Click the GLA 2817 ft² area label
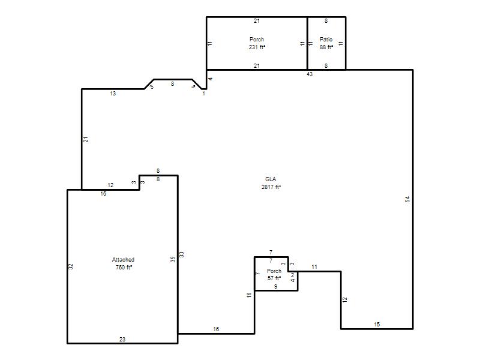271,183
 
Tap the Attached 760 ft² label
124,263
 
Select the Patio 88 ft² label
326,43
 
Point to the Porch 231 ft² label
257,43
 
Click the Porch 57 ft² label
274,275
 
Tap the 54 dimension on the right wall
407,199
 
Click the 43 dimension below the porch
310,74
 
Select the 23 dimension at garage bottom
122,339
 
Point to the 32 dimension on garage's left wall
71,266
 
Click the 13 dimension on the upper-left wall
113,94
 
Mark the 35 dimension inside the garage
173,259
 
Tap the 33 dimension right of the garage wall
182,254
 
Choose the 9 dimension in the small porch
276,287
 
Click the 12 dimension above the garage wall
110,185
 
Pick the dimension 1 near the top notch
203,94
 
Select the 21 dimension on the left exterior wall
86,139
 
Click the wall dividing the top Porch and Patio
307,43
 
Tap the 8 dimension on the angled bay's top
173,83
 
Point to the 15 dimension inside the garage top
103,193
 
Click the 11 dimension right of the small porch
314,267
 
